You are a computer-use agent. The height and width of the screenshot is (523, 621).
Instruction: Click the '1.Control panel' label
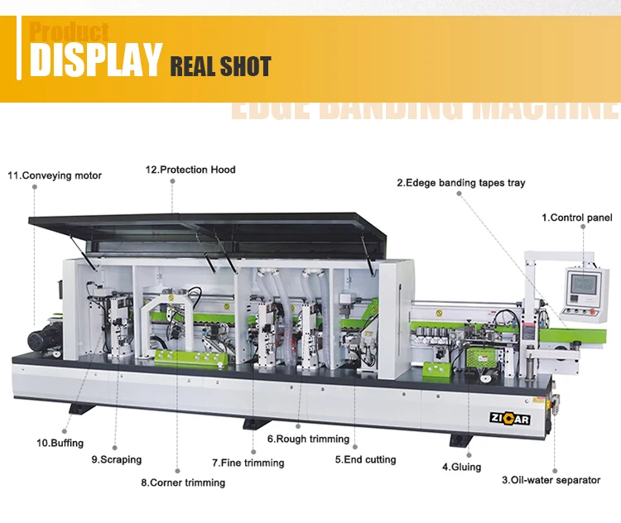click(x=577, y=218)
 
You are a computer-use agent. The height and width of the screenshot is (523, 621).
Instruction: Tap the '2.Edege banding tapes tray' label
click(x=460, y=183)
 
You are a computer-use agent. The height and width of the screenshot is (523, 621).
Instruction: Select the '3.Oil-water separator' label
click(x=551, y=480)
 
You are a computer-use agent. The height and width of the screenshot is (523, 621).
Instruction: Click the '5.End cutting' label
click(x=365, y=459)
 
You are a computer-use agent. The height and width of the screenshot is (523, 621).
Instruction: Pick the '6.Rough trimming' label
click(x=307, y=439)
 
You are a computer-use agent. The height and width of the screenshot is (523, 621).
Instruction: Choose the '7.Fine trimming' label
click(x=248, y=463)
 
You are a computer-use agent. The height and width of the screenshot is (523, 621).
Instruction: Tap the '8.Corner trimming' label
click(x=182, y=482)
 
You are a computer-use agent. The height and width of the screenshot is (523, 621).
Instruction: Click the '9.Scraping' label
click(x=116, y=459)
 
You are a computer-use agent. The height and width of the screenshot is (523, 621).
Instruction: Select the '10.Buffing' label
click(x=60, y=443)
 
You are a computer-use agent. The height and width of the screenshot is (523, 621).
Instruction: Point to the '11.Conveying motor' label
click(x=55, y=175)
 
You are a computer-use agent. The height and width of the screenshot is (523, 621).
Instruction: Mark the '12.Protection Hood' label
click(x=190, y=170)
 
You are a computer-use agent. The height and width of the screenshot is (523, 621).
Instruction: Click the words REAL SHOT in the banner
click(x=220, y=66)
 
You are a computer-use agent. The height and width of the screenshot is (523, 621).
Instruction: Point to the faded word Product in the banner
click(x=70, y=32)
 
